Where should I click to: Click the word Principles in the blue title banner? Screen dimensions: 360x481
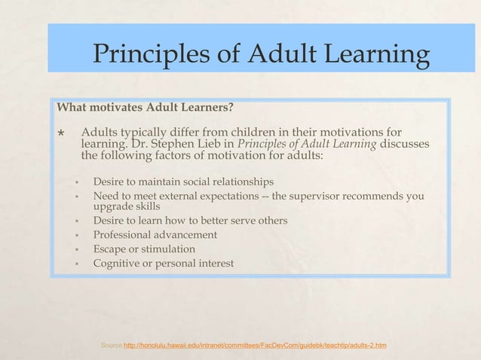[x=153, y=55]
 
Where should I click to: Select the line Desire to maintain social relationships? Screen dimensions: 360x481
[x=183, y=182]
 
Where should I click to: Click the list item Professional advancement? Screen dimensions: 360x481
[x=155, y=235]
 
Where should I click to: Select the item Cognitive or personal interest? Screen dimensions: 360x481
[x=163, y=263]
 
